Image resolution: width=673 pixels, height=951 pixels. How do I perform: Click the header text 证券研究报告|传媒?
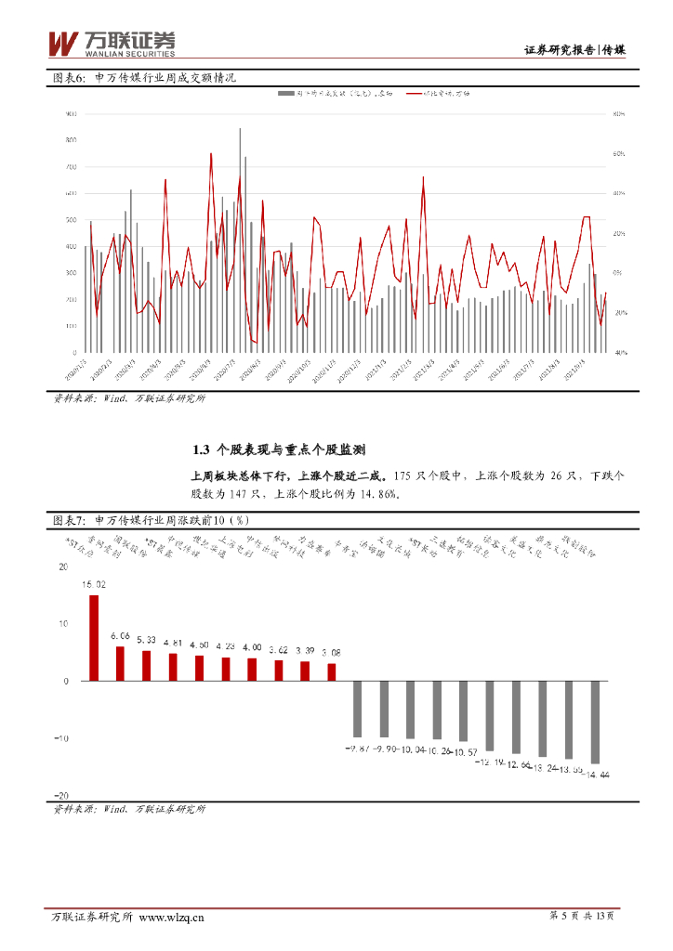[574, 50]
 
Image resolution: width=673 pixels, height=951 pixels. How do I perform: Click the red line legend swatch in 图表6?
[408, 94]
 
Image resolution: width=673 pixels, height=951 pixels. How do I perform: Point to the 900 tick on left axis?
[70, 114]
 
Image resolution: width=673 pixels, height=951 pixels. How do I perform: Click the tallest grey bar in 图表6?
[240, 241]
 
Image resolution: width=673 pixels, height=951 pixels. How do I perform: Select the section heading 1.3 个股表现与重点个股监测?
[279, 449]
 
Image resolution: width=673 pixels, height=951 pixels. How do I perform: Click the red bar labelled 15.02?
[94, 638]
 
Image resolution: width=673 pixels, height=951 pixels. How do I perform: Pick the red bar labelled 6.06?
[120, 663]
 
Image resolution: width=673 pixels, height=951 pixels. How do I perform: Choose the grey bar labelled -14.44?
[595, 722]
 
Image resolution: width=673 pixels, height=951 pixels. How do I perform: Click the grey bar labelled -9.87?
[357, 709]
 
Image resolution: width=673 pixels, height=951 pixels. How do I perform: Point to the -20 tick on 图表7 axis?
[61, 796]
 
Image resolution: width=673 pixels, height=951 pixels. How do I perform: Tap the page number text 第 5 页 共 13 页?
[581, 917]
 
